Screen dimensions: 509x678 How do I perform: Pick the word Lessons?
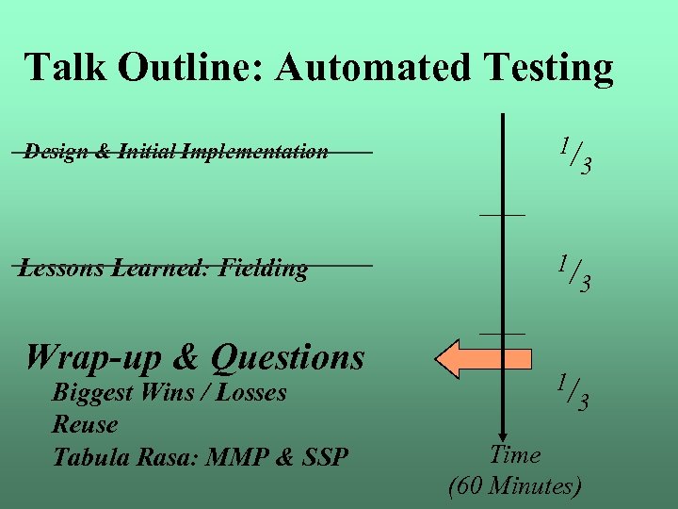[63, 269]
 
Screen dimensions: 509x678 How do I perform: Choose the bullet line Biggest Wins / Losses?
[169, 393]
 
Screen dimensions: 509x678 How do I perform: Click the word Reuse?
[85, 425]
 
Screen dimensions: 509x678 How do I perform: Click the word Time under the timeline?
[515, 455]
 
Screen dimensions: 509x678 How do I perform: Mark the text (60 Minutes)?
[515, 486]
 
